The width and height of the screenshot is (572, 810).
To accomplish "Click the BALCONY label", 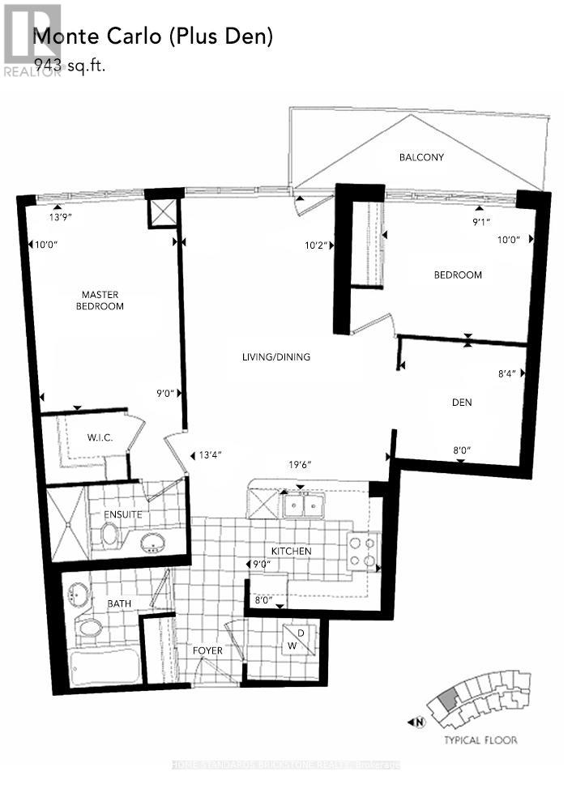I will (x=420, y=157).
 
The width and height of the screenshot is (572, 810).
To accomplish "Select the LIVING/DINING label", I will (x=275, y=356).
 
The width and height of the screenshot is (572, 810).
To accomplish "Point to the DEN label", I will (x=462, y=402).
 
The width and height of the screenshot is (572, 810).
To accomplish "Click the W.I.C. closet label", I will (x=100, y=438).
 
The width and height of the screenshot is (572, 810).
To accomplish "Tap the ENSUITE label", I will (x=122, y=514).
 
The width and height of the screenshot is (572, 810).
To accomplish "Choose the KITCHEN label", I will (x=292, y=551).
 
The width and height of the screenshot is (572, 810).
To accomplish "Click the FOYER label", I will (x=207, y=650).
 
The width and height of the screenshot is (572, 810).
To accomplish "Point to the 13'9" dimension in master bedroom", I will (x=61, y=218).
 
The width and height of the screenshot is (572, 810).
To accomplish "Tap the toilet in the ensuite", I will (x=109, y=534).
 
